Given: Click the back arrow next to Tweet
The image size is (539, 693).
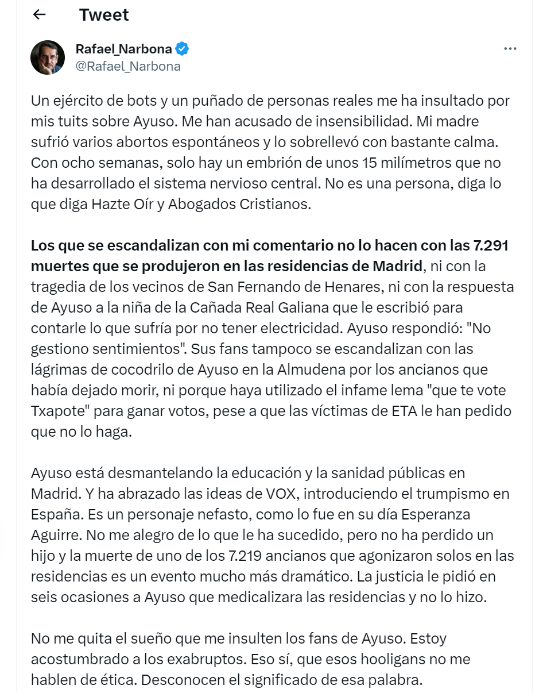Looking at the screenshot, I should coord(39,15).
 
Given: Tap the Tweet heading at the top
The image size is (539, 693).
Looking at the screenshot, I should coord(104,15).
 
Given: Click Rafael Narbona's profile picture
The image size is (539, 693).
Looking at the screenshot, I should coord(48,57).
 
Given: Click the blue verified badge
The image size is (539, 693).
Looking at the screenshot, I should coord(182,49).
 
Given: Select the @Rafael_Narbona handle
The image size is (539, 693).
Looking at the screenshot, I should coord(128,66).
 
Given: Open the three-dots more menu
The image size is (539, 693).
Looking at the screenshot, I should coord(510,49).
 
